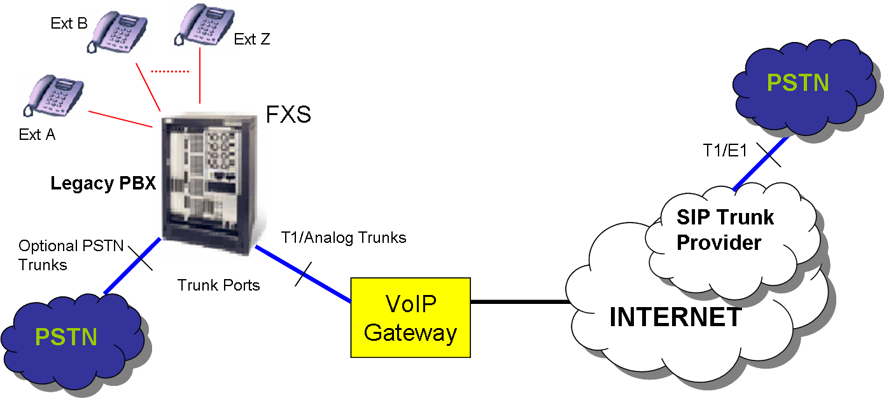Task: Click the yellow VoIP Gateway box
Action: [410, 317]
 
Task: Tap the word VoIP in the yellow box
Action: [411, 303]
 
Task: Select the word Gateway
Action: [410, 333]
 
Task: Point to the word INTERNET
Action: [675, 317]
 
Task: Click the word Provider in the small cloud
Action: [719, 242]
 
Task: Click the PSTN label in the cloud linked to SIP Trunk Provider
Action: [798, 83]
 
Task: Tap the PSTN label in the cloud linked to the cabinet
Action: [66, 336]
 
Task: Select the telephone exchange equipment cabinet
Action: [209, 185]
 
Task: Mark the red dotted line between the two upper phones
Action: [170, 71]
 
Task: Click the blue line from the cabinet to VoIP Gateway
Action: [304, 274]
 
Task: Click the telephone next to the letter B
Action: [116, 31]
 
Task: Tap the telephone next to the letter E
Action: [203, 25]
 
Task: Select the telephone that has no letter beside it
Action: [52, 95]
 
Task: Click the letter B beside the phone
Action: [82, 24]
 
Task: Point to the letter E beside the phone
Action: [237, 39]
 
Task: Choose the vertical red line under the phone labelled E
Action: [200, 76]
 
